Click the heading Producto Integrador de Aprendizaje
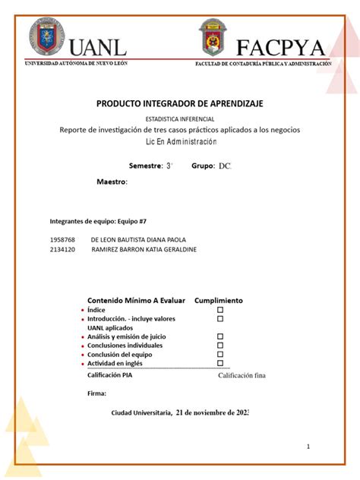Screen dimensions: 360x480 [x=180, y=103]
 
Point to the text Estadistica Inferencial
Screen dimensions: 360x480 [x=180, y=120]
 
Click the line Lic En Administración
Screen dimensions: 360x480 [x=180, y=142]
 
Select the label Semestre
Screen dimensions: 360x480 [x=146, y=165]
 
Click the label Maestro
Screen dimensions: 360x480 [x=112, y=182]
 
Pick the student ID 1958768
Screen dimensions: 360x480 [x=62, y=239]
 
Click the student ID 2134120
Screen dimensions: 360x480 [x=62, y=249]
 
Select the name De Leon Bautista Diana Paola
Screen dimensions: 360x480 [x=137, y=239]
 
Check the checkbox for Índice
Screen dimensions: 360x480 [x=220, y=310]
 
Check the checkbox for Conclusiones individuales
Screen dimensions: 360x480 [x=220, y=345]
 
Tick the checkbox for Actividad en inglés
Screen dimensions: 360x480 [x=220, y=363]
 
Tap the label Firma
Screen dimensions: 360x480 [x=97, y=393]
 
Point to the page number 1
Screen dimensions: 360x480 [x=308, y=447]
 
